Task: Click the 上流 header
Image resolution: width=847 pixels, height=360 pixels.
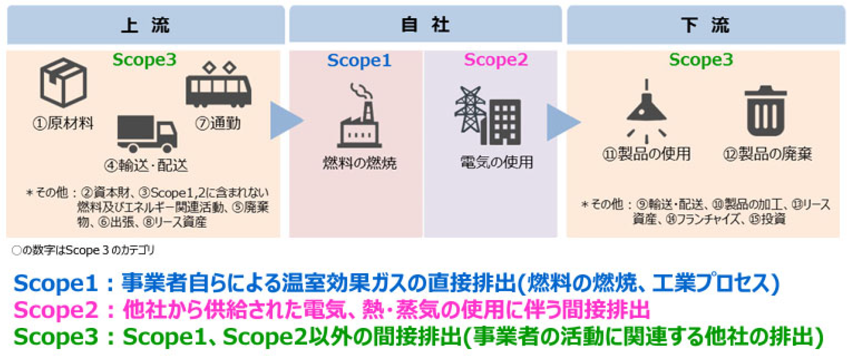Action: (x=145, y=24)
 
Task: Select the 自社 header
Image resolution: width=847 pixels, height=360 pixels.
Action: (x=425, y=24)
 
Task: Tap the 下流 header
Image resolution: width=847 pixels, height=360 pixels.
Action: (x=706, y=24)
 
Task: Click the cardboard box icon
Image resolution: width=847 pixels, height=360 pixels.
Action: (x=63, y=82)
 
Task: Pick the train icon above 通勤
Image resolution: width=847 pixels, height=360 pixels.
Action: (x=218, y=84)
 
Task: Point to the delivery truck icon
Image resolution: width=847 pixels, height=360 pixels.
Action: (x=147, y=134)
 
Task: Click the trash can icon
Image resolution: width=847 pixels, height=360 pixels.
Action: (x=766, y=111)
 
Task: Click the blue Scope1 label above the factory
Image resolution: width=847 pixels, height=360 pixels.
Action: (x=359, y=60)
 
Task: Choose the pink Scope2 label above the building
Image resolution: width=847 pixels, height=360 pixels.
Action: (x=496, y=60)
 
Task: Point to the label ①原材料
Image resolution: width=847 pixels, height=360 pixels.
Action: (x=63, y=123)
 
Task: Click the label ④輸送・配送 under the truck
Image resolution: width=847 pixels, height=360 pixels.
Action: (x=146, y=165)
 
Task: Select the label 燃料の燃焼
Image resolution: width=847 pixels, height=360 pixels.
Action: (x=360, y=163)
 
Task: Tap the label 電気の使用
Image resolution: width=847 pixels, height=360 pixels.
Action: (x=496, y=162)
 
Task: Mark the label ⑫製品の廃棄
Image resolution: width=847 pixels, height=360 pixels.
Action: (x=767, y=154)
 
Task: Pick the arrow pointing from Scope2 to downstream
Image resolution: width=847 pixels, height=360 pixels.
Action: (x=564, y=122)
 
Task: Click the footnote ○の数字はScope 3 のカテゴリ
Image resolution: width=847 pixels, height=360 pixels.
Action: (x=83, y=250)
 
